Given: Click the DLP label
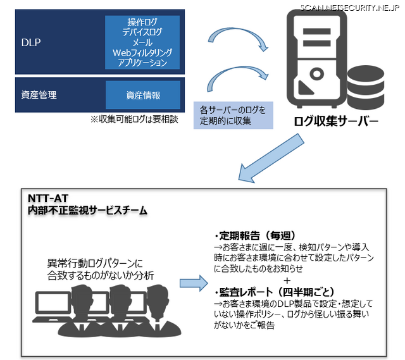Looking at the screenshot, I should [30, 42].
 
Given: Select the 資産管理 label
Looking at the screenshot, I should [39, 95].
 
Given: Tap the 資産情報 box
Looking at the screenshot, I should [142, 96].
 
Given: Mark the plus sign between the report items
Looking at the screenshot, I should [288, 280].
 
